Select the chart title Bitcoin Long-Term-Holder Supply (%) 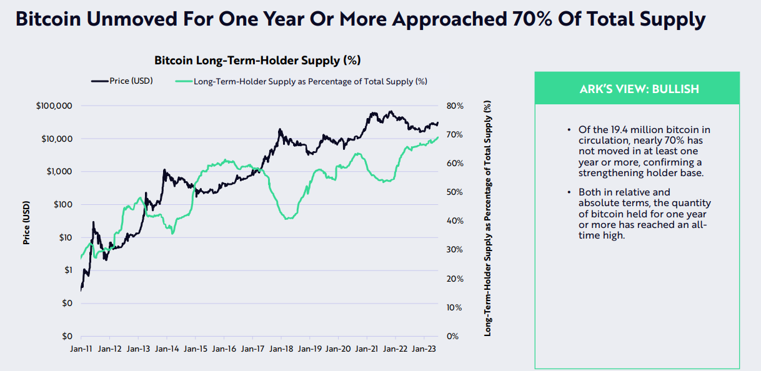pyautogui.click(x=257, y=61)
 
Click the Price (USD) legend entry pyautogui.click(x=122, y=81)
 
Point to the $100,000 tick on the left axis pyautogui.click(x=55, y=106)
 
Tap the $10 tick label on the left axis pyautogui.click(x=65, y=237)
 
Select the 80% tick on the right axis pyautogui.click(x=455, y=106)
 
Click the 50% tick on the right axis pyautogui.click(x=455, y=192)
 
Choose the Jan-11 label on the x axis pyautogui.click(x=81, y=350)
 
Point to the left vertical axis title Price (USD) pyautogui.click(x=27, y=221)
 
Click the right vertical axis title pyautogui.click(x=488, y=219)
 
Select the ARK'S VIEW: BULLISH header pyautogui.click(x=637, y=89)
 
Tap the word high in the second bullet pyautogui.click(x=613, y=236)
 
